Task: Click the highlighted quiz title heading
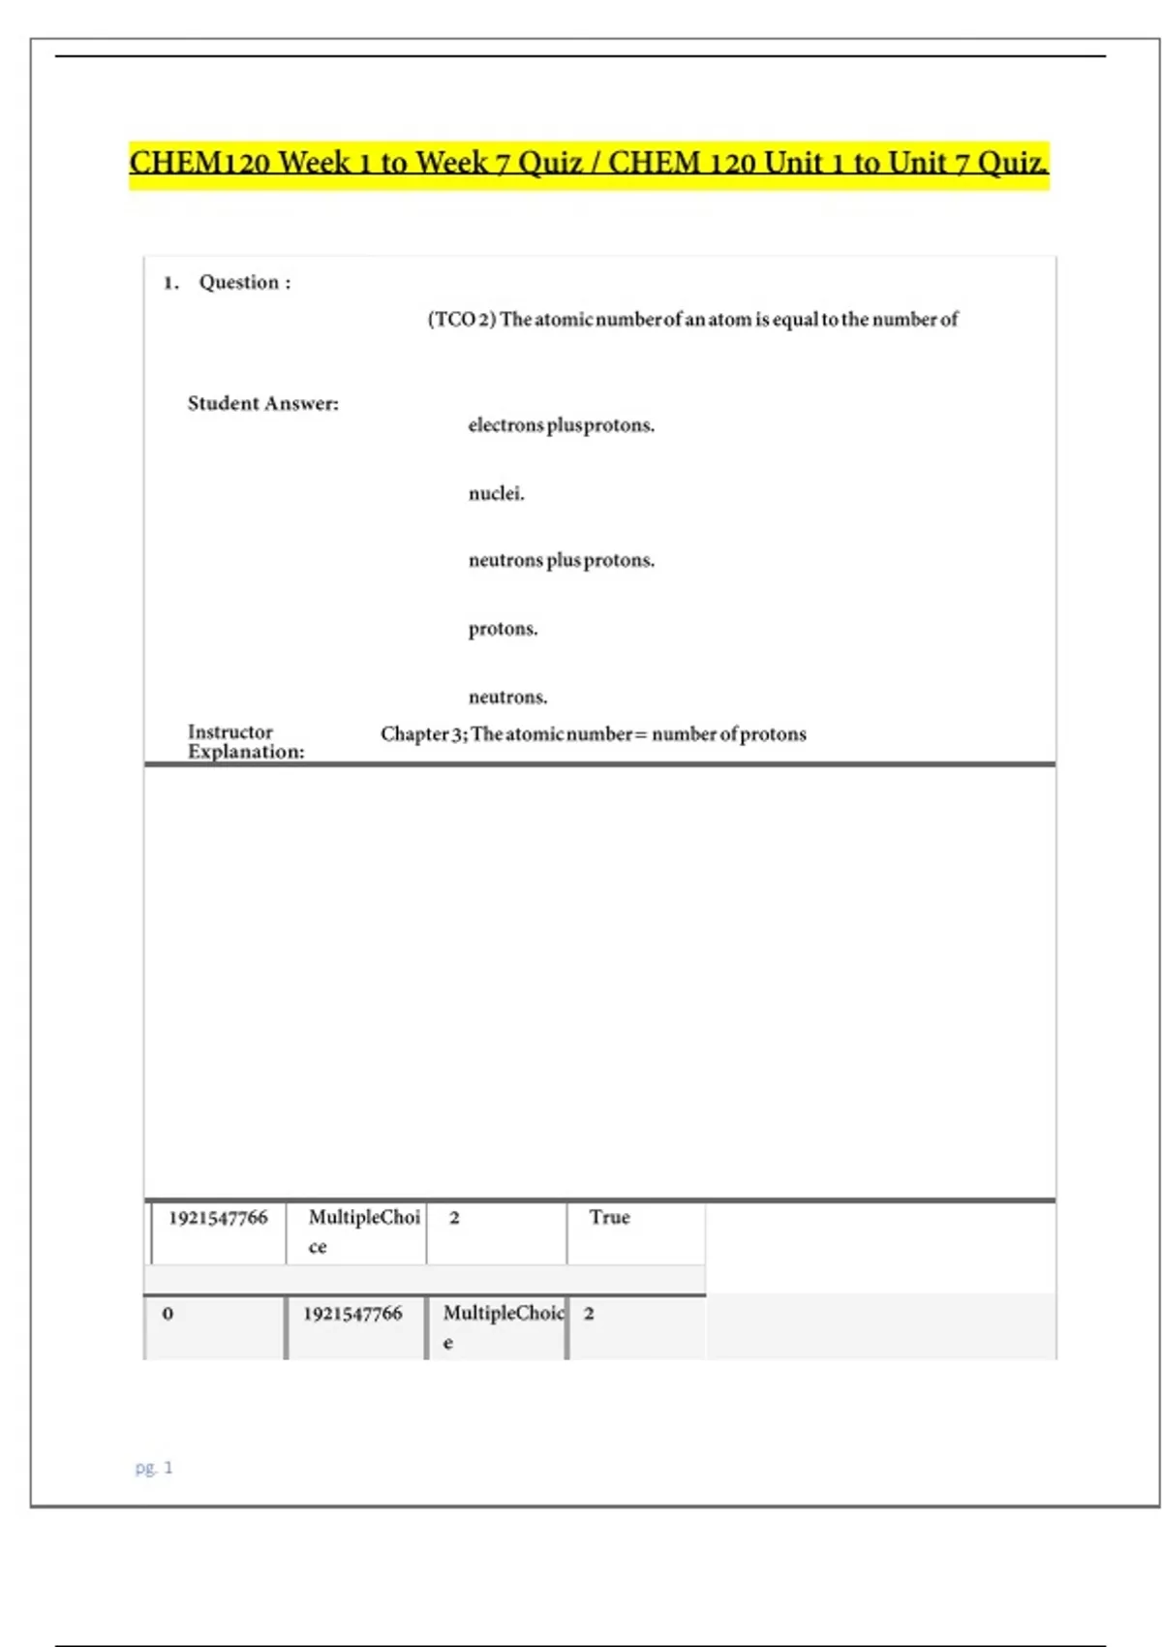click(x=589, y=163)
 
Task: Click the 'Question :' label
click(x=244, y=283)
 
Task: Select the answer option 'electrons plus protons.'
click(x=561, y=425)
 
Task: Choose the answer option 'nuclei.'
click(x=496, y=494)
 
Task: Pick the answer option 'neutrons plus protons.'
click(x=561, y=561)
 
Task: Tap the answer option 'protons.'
click(x=503, y=630)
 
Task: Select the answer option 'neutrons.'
click(x=507, y=698)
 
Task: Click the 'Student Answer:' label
click(x=262, y=404)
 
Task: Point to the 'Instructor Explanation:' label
click(x=245, y=742)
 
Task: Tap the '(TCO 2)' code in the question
click(x=462, y=320)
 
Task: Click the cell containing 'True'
click(x=610, y=1218)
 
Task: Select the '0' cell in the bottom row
click(x=168, y=1315)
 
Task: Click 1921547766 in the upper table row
click(x=218, y=1219)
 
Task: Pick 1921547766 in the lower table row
click(x=352, y=1315)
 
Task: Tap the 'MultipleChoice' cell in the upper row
click(x=363, y=1230)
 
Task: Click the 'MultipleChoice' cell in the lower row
click(x=502, y=1325)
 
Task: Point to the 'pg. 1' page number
click(x=154, y=1468)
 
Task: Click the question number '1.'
click(x=171, y=283)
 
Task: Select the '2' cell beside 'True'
click(x=454, y=1219)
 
